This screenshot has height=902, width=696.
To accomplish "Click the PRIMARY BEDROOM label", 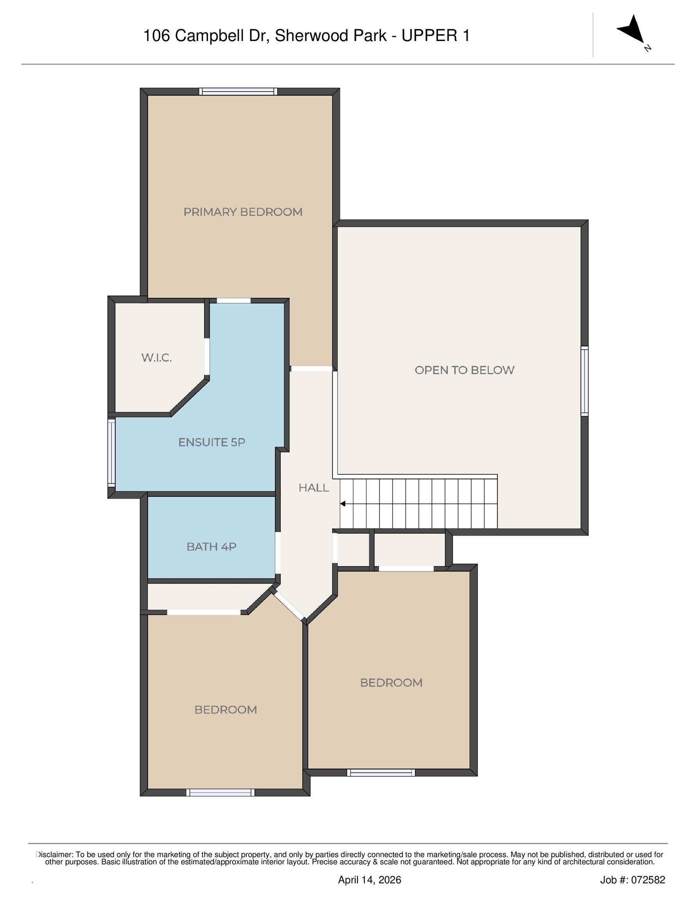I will [242, 212].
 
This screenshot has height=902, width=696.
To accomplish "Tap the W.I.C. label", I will [156, 358].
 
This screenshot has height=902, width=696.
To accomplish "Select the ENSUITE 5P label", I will [212, 442].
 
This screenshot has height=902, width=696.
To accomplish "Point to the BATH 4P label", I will [211, 547].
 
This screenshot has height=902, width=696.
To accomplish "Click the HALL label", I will [314, 488].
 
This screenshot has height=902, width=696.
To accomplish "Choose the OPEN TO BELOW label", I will [464, 370].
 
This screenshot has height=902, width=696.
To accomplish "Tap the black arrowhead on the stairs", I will [343, 504].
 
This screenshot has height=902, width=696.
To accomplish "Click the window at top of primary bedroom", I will [238, 92].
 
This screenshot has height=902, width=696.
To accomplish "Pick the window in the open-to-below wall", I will [584, 381].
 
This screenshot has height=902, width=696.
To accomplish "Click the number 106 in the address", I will [156, 36].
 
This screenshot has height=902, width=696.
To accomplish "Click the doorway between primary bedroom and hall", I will [312, 368].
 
